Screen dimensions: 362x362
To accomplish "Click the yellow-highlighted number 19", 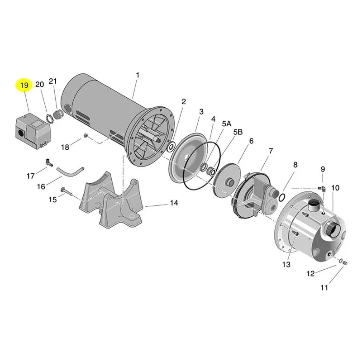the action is (24, 85).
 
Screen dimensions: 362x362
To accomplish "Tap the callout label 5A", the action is (227, 124).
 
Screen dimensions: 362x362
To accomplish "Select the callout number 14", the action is (174, 203).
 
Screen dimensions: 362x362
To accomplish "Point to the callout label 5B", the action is (238, 132).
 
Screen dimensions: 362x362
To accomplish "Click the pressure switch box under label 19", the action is (33, 130).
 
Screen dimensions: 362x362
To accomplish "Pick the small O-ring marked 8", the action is (282, 197).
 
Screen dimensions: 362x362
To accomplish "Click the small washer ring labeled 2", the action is (171, 147).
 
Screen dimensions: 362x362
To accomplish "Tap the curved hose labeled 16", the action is (70, 171).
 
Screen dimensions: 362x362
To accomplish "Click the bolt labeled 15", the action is (66, 191).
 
